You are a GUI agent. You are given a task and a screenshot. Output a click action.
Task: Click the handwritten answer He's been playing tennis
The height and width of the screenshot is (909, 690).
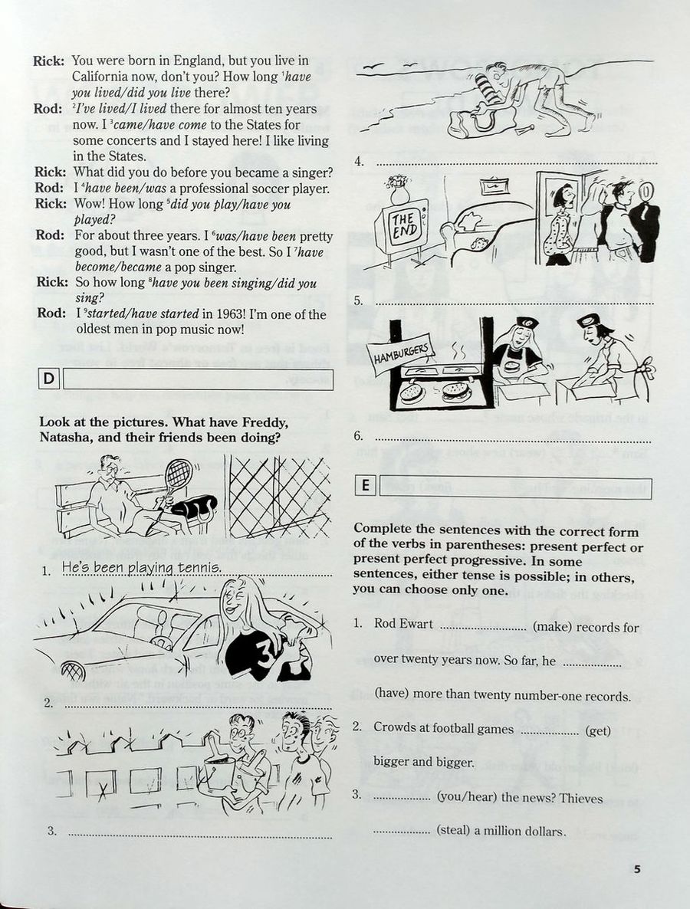[141, 568]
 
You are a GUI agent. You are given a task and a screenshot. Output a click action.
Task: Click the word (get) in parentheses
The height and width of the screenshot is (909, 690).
[597, 730]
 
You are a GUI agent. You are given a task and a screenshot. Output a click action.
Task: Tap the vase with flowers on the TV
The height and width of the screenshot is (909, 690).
[397, 189]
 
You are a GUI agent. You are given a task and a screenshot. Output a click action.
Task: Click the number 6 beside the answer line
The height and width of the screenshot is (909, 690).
[357, 436]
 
